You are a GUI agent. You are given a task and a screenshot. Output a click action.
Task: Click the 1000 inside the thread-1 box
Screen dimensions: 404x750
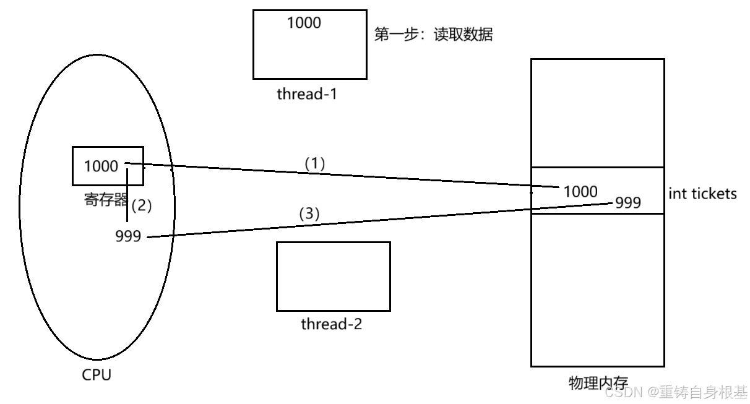(304, 23)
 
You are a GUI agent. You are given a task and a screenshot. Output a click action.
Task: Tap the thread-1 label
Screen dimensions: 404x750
(306, 94)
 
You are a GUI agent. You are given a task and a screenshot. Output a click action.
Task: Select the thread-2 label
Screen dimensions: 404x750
(331, 324)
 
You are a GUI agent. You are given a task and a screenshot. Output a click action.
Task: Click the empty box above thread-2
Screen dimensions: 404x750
(333, 276)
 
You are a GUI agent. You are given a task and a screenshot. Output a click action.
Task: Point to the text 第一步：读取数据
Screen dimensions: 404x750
(433, 34)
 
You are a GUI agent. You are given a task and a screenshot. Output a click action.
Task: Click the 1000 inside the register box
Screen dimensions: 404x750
(101, 166)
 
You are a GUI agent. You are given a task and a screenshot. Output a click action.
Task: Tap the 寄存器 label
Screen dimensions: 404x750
(105, 200)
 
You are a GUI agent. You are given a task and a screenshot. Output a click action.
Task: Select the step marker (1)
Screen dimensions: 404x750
(314, 163)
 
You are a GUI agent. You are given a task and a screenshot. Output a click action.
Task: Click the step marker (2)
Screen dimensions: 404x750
(142, 206)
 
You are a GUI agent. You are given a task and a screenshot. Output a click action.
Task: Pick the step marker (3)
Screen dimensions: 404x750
(309, 213)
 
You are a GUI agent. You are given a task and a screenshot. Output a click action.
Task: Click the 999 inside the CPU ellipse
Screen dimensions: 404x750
(128, 236)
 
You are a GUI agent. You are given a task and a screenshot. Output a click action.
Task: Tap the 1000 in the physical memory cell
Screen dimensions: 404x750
(580, 192)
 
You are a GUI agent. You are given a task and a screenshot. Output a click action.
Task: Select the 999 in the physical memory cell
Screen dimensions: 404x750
(628, 202)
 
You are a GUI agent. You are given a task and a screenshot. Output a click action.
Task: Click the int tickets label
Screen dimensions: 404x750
(702, 194)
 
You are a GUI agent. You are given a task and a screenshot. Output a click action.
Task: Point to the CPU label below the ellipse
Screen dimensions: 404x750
(97, 375)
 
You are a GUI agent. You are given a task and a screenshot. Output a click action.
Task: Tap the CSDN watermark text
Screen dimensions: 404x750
(676, 392)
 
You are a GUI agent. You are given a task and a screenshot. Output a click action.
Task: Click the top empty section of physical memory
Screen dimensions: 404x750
(597, 113)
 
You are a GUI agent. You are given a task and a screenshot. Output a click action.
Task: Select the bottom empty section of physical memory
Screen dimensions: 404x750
(597, 290)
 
